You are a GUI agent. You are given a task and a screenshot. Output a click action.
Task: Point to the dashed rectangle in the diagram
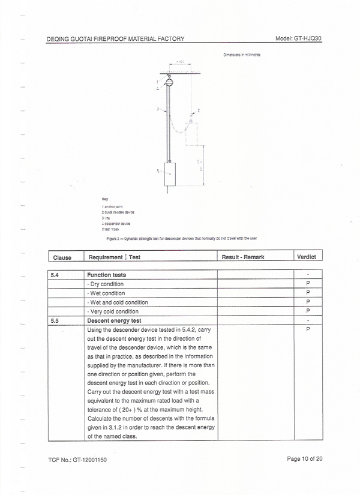tap(191, 133)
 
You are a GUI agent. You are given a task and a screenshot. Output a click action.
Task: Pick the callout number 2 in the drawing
tap(199, 111)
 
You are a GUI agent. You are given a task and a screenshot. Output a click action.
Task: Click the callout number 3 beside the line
tap(157, 109)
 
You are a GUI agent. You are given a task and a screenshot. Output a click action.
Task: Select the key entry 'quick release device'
tap(118, 212)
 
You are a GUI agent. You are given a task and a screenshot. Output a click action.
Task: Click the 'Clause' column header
tap(62, 257)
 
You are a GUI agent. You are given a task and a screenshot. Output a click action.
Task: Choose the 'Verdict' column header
tap(308, 257)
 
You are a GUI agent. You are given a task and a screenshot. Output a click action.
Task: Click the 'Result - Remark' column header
tap(243, 257)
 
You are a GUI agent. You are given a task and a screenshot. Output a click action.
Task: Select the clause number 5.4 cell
tap(55, 275)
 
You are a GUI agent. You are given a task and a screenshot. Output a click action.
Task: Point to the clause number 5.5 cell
tap(55, 320)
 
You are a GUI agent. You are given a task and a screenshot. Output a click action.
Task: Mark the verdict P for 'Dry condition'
tap(308, 283)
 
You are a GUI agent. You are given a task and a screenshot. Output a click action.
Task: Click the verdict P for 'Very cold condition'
tap(308, 311)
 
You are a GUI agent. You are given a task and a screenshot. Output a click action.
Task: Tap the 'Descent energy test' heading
tap(115, 320)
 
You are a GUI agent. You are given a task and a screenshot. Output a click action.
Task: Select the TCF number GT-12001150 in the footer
tap(77, 460)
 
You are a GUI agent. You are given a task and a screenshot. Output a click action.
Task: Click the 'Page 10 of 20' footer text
tap(305, 459)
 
